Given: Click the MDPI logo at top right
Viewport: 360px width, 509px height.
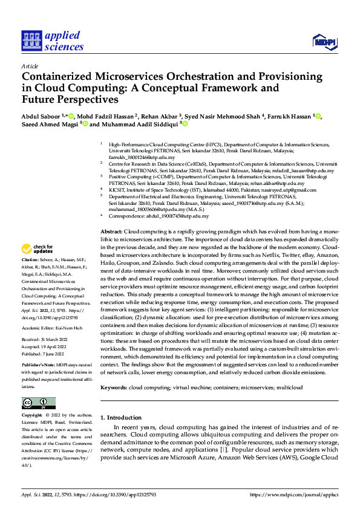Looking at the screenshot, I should coord(324,41).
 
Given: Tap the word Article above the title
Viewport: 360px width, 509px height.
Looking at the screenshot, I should coord(30,66).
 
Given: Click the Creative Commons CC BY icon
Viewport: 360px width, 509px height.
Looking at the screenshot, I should coord(38,403).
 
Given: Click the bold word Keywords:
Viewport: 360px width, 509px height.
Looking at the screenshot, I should coord(113,387).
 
